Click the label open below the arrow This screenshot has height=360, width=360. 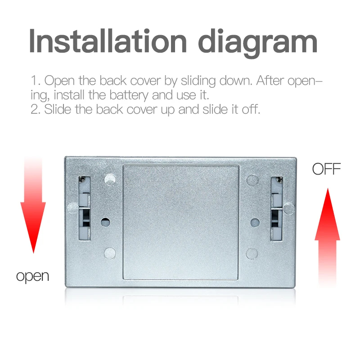point(32,275)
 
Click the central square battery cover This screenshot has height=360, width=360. point(181,222)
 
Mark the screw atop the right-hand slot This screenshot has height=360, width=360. point(279,180)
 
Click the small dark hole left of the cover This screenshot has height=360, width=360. point(105,222)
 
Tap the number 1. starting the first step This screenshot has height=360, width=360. point(36,81)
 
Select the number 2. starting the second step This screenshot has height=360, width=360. point(36,110)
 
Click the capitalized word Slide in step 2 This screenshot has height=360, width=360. point(58,109)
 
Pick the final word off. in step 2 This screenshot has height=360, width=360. point(250,109)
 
